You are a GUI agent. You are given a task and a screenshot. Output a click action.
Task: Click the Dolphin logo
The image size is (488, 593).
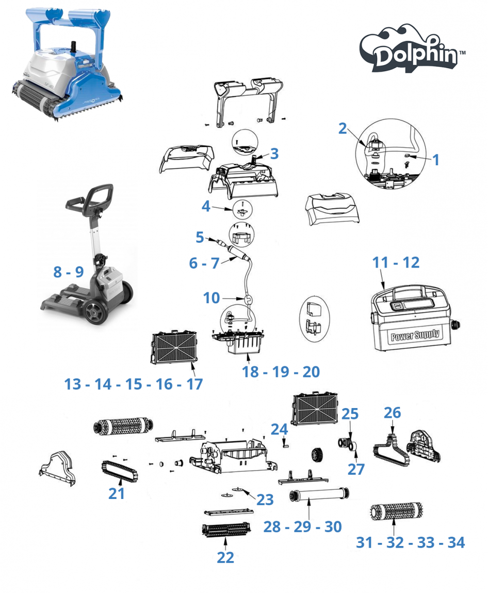(x=412, y=49)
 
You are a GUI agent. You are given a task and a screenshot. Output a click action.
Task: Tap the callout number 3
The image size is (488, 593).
(x=274, y=153)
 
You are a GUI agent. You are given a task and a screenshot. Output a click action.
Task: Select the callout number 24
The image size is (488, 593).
(x=279, y=429)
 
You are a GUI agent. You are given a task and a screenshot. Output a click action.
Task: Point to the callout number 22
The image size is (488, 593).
(x=225, y=557)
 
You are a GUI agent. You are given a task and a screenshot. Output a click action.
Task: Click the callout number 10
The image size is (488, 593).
(x=211, y=298)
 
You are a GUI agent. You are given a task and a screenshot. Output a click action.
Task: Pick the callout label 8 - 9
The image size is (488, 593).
(x=69, y=272)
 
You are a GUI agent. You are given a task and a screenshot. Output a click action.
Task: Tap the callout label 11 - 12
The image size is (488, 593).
(x=396, y=262)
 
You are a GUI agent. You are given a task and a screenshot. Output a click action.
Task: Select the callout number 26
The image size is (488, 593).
(x=392, y=413)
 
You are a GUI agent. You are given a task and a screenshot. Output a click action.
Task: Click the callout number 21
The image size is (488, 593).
(x=117, y=493)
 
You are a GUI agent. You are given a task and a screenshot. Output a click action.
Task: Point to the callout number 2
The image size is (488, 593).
(x=342, y=129)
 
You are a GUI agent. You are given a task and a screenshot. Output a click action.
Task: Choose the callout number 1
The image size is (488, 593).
(x=436, y=160)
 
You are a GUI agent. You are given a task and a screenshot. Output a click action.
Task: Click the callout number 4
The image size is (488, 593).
(x=206, y=206)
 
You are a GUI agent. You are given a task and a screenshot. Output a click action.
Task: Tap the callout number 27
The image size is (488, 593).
(x=356, y=469)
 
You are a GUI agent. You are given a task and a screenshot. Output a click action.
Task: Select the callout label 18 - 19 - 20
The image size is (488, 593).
(x=281, y=372)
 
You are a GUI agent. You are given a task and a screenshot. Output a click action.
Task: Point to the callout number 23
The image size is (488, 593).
(x=265, y=500)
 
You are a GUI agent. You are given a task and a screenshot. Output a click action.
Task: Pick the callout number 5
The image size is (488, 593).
(x=200, y=237)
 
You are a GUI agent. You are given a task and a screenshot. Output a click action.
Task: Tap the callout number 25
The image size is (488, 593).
(x=350, y=414)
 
